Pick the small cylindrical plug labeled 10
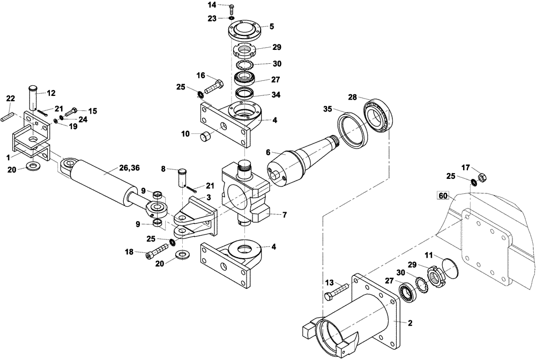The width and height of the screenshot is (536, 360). pyautogui.click(x=206, y=137)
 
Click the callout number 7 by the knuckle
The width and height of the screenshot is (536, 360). pyautogui.click(x=284, y=215)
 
